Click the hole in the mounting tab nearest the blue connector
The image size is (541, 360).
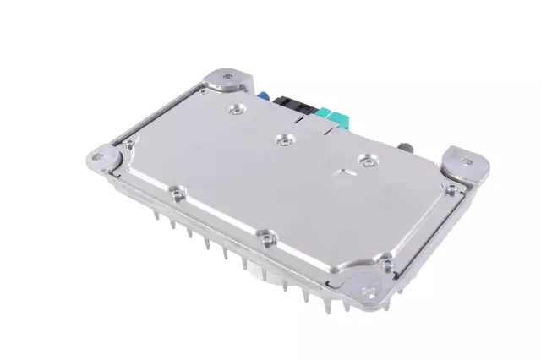point(227,79)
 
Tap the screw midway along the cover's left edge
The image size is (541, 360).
point(174,192)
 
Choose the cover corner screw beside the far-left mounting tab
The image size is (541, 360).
point(129,145)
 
